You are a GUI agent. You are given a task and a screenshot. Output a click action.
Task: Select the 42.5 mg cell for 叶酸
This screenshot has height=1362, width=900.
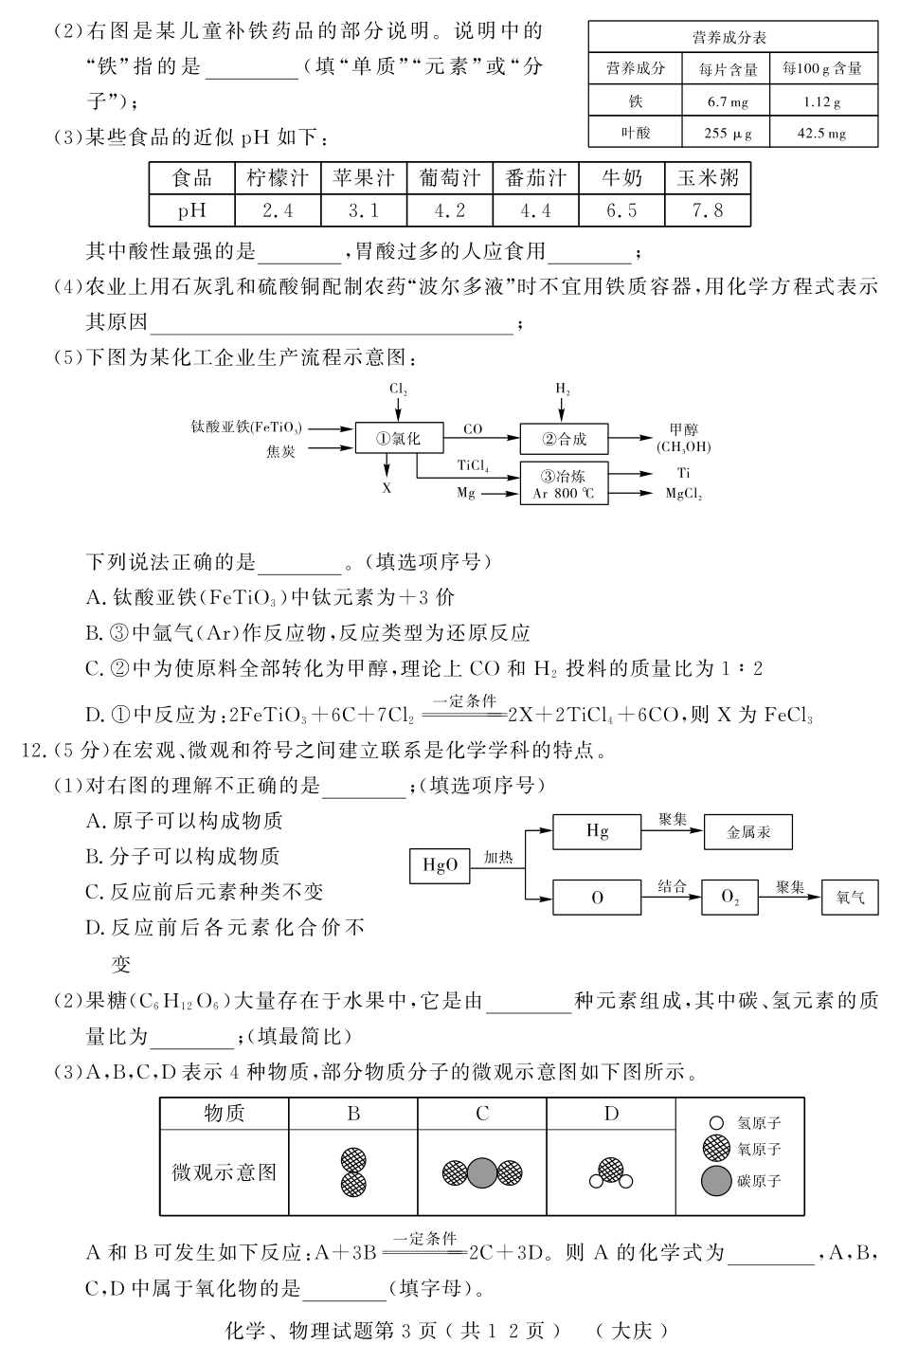pos(820,134)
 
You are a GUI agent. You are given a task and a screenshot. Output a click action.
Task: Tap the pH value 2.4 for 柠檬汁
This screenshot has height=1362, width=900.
pos(278,210)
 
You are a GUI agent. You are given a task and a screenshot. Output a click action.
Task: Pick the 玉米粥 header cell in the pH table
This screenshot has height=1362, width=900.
pos(708,178)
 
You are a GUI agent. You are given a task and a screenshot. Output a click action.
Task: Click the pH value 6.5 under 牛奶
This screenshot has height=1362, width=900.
pos(621,210)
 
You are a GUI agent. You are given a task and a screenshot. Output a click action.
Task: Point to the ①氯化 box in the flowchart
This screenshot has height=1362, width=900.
pos(398,438)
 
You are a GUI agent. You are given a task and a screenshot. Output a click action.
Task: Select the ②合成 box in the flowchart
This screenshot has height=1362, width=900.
pos(564,439)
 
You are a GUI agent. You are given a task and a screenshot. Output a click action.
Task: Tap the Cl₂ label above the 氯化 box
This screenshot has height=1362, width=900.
pos(398,390)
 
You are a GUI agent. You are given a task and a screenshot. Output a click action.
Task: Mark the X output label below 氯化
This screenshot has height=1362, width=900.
pos(387,488)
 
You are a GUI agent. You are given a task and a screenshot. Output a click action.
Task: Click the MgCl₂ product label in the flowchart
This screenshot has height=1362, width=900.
pos(683,494)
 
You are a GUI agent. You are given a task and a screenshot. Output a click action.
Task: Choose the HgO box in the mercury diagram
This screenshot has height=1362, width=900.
pos(440,865)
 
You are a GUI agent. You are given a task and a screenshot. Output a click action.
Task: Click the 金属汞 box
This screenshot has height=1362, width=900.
pos(748,832)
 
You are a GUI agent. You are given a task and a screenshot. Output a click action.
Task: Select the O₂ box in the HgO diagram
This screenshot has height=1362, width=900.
pos(729,897)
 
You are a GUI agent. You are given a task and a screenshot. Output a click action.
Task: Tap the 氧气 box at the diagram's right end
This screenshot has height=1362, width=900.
pos(850,897)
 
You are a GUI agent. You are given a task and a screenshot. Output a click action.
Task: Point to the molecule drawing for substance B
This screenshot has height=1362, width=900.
pos(353,1171)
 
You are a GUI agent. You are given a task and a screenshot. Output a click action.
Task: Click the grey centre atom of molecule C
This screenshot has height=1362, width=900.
pos(482,1172)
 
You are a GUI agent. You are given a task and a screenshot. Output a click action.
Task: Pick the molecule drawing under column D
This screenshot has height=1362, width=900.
pos(611,1172)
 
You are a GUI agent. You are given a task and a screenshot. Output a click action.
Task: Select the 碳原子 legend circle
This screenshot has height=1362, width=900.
pos(716,1181)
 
